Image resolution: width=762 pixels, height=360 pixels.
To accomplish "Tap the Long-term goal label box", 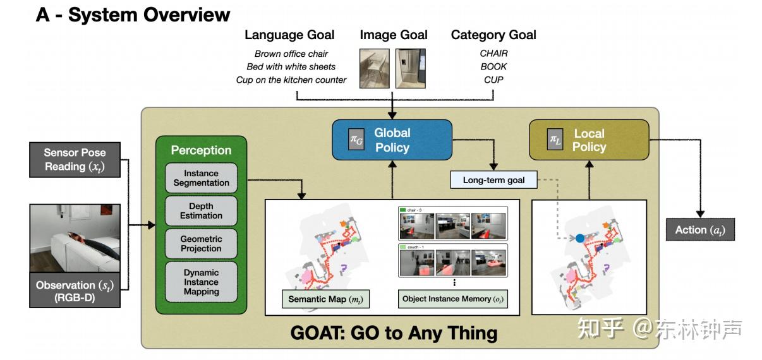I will [x=493, y=180].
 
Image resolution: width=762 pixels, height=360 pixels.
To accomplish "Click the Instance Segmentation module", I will [x=202, y=178].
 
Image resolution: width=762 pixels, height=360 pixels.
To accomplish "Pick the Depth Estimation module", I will [x=202, y=211].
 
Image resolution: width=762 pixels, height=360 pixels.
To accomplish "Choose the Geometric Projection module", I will [x=202, y=244].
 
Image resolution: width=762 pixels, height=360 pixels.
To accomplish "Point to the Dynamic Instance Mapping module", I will [x=202, y=282].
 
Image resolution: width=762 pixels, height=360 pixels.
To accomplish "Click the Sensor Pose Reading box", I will [x=75, y=160].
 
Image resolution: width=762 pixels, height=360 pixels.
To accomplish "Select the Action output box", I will [x=700, y=230].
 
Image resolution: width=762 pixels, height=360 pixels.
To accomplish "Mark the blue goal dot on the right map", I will [x=579, y=239].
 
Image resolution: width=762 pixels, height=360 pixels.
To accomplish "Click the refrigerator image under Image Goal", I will [x=411, y=68].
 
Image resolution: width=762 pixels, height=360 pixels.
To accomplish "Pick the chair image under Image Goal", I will [x=375, y=68].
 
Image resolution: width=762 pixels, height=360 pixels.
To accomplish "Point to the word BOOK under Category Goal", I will [x=493, y=67].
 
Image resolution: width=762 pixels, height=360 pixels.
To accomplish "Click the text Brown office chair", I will [x=291, y=54].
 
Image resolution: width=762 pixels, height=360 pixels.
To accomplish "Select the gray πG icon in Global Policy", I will [x=356, y=139].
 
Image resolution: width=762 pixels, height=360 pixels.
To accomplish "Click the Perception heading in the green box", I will [x=201, y=150].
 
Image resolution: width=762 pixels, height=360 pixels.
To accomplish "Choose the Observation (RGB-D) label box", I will [x=75, y=291].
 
